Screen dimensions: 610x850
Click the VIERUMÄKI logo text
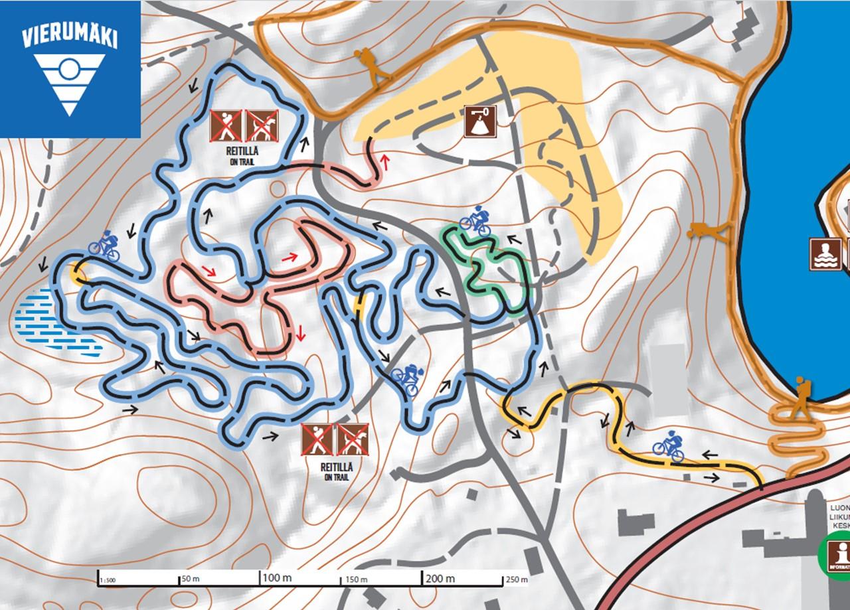[x=70, y=37]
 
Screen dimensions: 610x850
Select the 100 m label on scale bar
[x=278, y=577]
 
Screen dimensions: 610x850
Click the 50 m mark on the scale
[x=190, y=579]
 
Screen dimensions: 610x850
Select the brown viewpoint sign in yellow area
[x=480, y=121]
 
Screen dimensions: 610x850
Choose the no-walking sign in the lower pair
[x=317, y=439]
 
